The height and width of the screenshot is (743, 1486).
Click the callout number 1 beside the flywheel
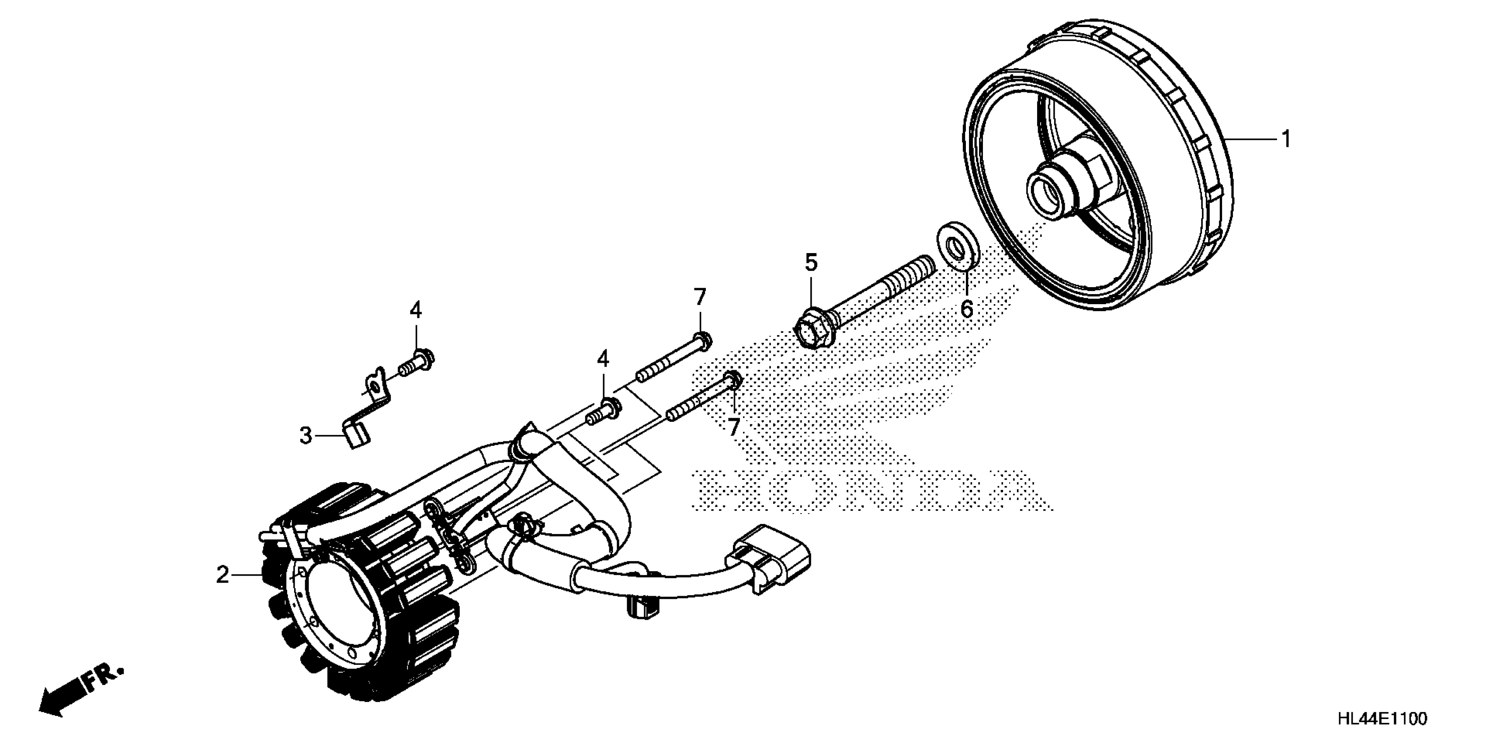pyautogui.click(x=1285, y=139)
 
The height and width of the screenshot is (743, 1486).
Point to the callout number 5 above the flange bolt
pyautogui.click(x=811, y=263)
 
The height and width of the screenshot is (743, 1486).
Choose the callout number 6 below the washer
pyautogui.click(x=967, y=309)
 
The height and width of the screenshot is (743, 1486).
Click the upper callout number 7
pyautogui.click(x=700, y=298)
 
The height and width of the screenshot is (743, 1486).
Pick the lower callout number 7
pyautogui.click(x=733, y=427)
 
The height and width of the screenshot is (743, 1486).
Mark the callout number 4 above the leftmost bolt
pyautogui.click(x=416, y=310)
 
